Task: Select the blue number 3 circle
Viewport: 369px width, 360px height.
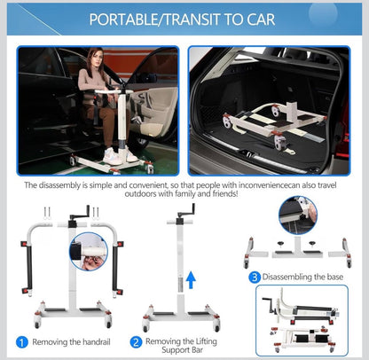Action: click(253, 277)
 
